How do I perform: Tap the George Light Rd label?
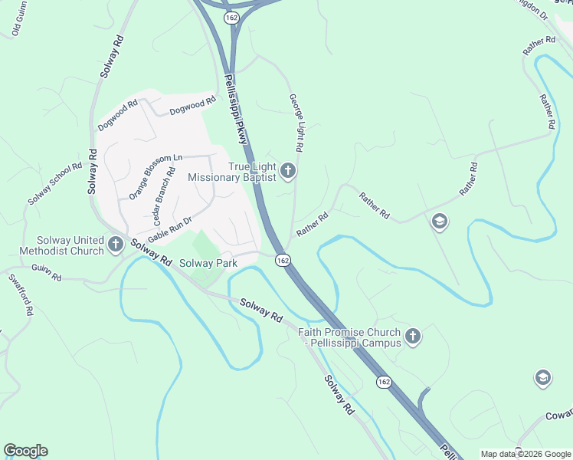pos(296,123)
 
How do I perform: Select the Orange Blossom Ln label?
pos(156,176)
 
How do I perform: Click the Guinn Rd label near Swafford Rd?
pos(46,271)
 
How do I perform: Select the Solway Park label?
pos(208,263)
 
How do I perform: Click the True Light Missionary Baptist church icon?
pos(288,170)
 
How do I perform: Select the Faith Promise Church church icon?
pos(413,336)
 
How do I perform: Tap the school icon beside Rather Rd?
pos(440,222)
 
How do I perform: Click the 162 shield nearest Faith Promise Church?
pos(384,382)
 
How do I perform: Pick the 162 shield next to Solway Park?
pos(283,261)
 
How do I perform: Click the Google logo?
pos(25,451)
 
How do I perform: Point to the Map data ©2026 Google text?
pos(526,454)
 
